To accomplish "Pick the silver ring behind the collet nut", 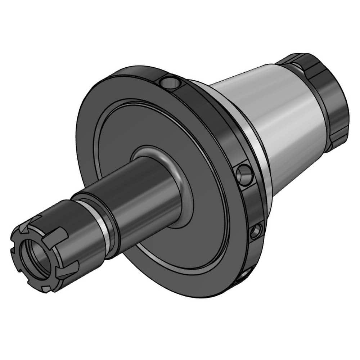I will (x=104, y=227).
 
